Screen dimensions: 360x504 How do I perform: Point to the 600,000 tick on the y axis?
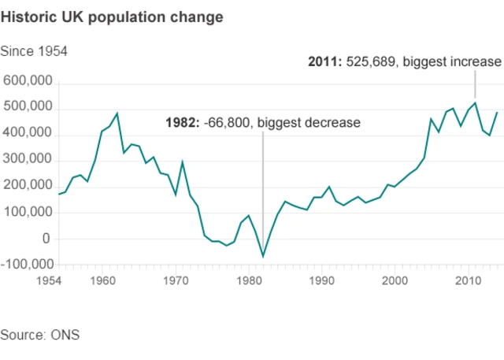click(28, 82)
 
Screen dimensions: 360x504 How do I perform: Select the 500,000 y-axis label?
click(28, 108)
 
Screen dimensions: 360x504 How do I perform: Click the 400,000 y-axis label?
click(28, 135)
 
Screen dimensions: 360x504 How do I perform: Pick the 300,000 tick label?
click(28, 161)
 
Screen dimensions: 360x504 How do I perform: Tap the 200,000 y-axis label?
click(28, 187)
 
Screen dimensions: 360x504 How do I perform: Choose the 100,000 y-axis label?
click(28, 213)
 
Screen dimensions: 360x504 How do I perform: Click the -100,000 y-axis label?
click(25, 265)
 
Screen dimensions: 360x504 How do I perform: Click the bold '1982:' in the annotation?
click(182, 123)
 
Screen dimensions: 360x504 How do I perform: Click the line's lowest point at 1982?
click(263, 256)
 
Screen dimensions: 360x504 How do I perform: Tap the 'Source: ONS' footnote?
click(40, 335)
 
